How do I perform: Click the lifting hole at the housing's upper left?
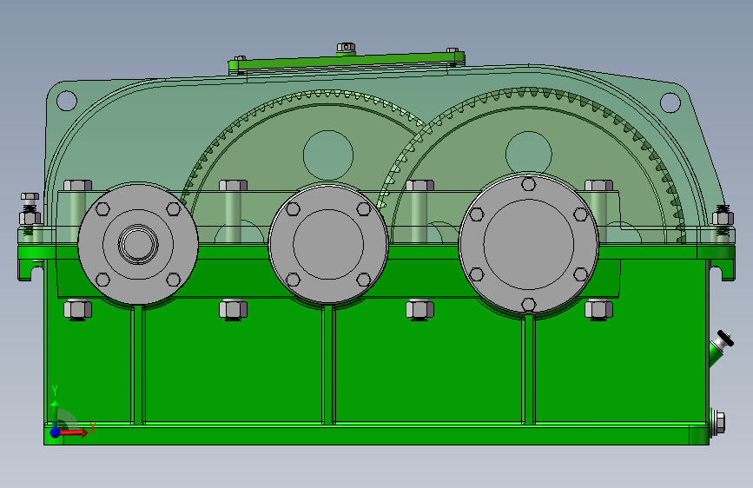coord(67,101)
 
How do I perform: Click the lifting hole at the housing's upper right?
coord(670,102)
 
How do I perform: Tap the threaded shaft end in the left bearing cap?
coord(138,244)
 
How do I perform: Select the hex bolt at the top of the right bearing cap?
coord(529,184)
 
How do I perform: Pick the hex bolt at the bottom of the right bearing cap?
coord(529,305)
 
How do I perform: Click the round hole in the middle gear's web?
coord(328,155)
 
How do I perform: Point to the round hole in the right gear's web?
coord(529,154)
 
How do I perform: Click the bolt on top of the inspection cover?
coord(346,48)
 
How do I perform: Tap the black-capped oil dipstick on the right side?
coord(723,343)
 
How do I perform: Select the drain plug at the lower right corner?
coord(717,423)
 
